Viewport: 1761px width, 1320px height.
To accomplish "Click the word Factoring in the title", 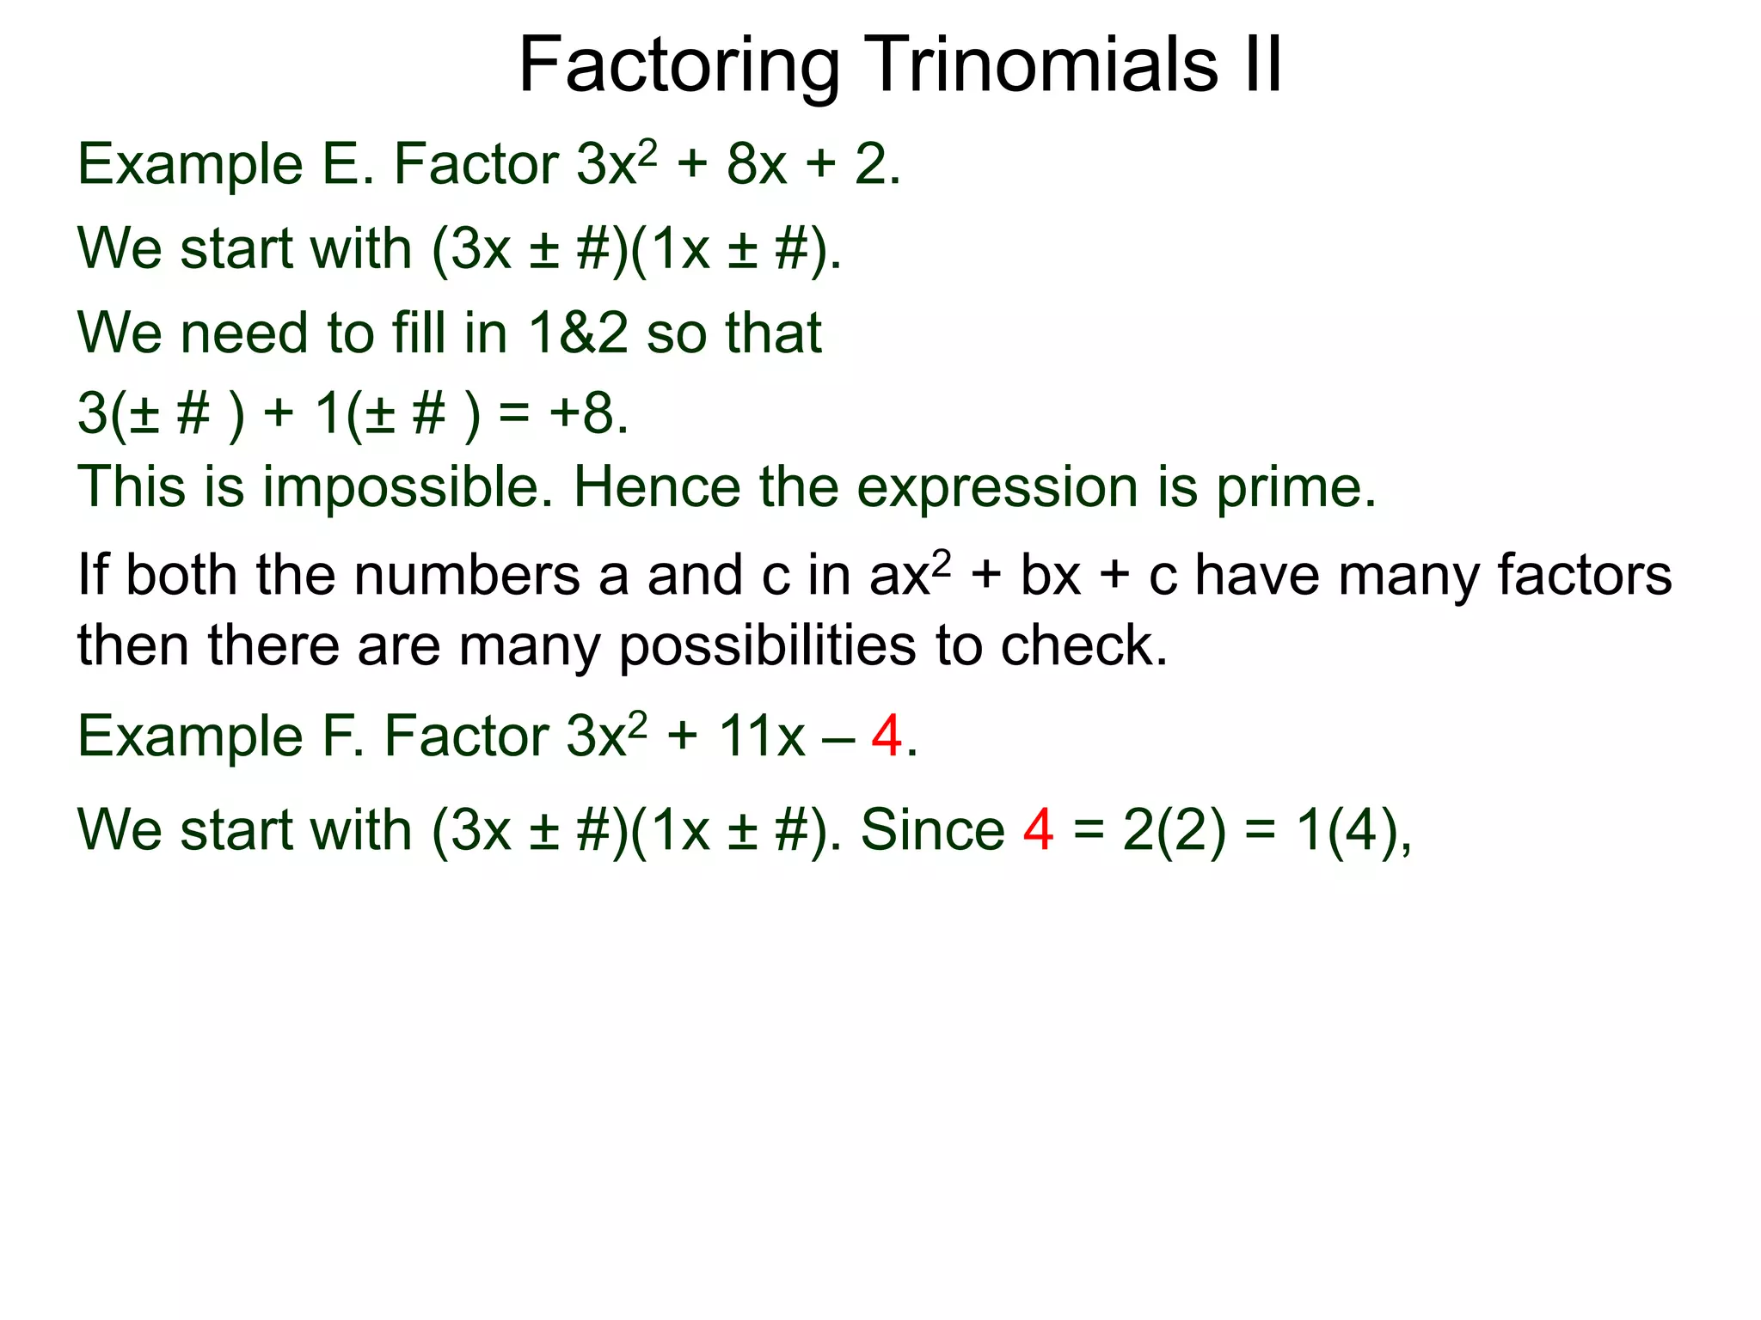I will pos(679,67).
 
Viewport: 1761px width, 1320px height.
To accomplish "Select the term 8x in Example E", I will pos(757,164).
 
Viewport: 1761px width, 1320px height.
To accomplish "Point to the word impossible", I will pos(408,487).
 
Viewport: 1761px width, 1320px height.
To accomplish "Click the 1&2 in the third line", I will pos(578,333).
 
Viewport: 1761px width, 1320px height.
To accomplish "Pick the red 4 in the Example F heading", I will pos(887,736).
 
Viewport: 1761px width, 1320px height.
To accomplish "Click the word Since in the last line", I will pos(932,830).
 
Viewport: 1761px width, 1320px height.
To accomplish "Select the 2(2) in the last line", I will pos(1174,830).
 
